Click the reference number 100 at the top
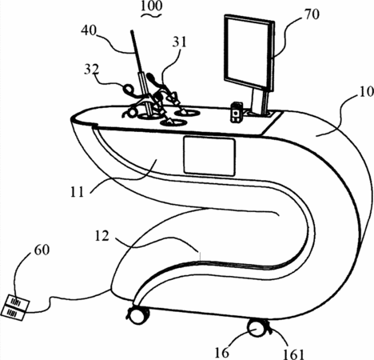[x=151, y=6]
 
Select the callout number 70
[x=312, y=14]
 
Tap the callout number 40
[x=89, y=30]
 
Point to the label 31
[x=180, y=42]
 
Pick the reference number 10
[x=366, y=91]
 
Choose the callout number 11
[x=77, y=192]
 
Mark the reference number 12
[x=101, y=236]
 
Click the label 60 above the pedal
[x=42, y=250]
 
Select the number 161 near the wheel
[x=293, y=354]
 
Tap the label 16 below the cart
[x=221, y=353]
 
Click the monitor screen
[x=248, y=53]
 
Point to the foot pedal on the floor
[x=15, y=307]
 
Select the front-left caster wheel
[x=138, y=315]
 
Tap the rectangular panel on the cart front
[x=209, y=156]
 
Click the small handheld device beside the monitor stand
[x=237, y=112]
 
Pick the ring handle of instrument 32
[x=129, y=88]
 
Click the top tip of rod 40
[x=132, y=31]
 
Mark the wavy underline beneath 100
[x=151, y=15]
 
